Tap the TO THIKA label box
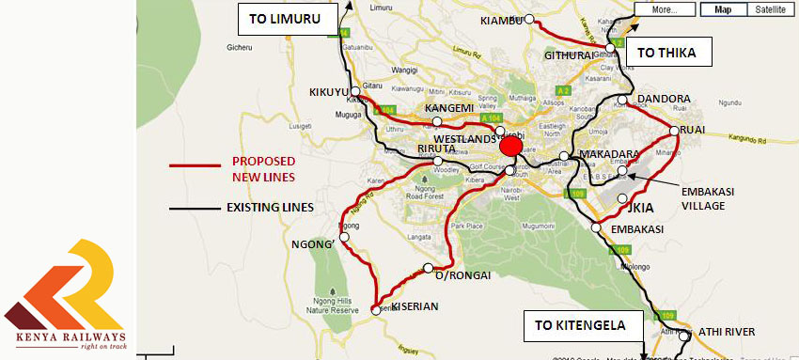tap(666, 53)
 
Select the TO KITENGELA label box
tap(583, 327)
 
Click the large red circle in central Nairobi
tap(510, 146)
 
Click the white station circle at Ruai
tap(674, 131)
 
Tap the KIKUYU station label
tap(329, 92)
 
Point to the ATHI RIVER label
tap(735, 332)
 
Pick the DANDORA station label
tap(664, 99)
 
